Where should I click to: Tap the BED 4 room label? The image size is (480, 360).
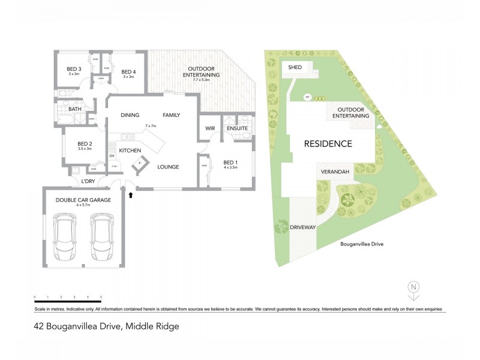click(128, 70)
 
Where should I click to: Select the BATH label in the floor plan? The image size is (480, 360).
click(74, 109)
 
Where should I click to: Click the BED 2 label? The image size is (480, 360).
click(85, 144)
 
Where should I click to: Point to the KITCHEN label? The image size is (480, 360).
click(130, 150)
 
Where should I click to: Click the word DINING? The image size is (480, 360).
click(130, 115)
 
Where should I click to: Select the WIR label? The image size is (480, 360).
click(210, 128)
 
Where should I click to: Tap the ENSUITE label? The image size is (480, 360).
click(237, 128)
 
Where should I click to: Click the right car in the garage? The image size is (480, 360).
click(101, 238)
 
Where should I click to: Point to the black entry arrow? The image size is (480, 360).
click(130, 194)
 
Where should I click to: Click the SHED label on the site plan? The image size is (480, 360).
click(295, 67)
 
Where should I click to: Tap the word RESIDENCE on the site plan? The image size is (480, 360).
click(328, 144)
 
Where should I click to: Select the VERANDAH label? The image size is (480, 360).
click(334, 172)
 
